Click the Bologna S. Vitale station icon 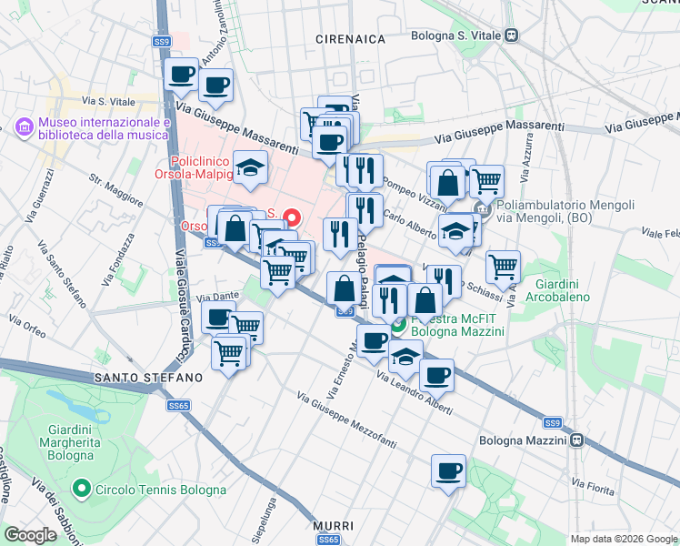click(513, 35)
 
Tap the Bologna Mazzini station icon click(576, 440)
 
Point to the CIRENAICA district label click(350, 39)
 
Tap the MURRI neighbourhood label click(332, 526)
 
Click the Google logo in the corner click(30, 535)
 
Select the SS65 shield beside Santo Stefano click(178, 405)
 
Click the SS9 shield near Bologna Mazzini click(553, 423)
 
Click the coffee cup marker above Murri click(448, 471)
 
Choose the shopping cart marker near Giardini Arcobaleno click(503, 267)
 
